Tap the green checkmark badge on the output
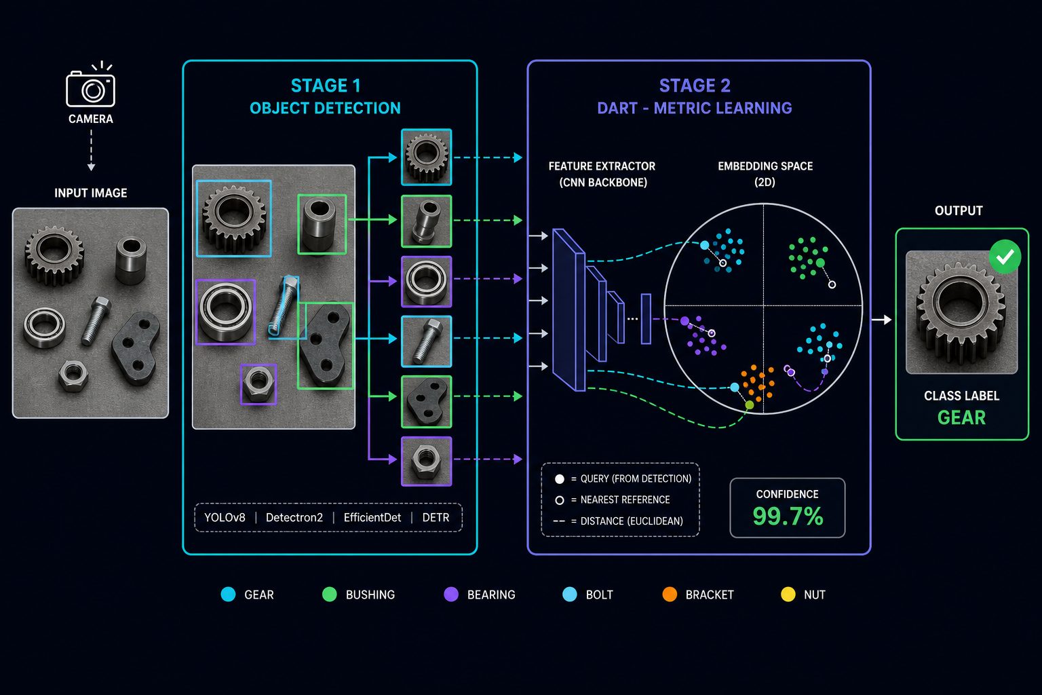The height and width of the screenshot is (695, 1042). coord(1005,257)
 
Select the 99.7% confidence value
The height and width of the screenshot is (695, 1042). coord(788,516)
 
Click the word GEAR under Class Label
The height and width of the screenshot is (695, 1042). coord(961,417)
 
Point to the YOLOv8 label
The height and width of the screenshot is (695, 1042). coord(225,518)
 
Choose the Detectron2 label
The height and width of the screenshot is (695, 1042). coord(294,518)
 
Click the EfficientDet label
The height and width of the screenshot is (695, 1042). coord(372,518)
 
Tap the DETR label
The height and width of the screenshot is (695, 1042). coord(436,518)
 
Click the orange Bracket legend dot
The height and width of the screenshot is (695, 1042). coord(670,595)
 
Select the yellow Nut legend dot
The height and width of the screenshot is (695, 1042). coord(788,595)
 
